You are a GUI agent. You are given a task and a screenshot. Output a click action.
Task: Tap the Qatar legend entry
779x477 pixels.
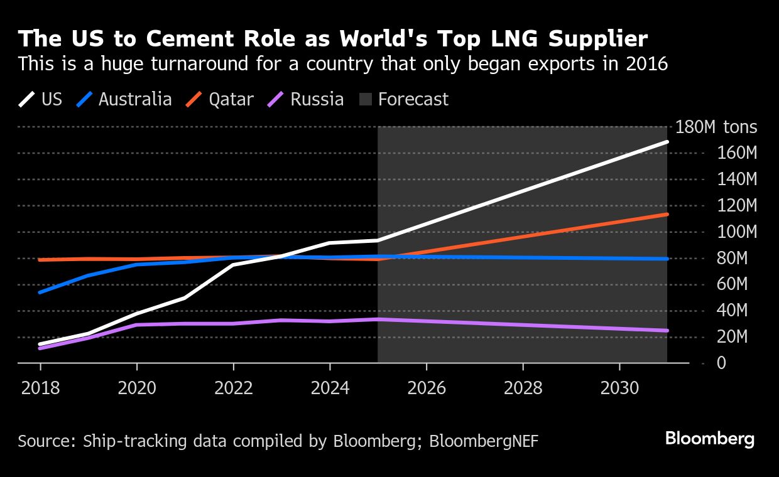[x=220, y=99]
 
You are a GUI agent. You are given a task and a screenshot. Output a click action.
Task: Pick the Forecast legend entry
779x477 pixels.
[x=403, y=99]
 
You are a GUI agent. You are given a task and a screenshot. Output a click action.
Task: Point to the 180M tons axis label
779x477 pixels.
[x=716, y=127]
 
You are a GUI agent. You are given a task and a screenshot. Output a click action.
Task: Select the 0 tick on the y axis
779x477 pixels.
[x=703, y=363]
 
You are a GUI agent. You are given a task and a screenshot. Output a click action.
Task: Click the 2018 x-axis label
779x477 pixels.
[x=40, y=388]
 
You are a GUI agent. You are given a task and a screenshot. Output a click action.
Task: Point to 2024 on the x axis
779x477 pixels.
[x=330, y=388]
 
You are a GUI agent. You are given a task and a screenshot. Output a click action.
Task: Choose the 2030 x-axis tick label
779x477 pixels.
[x=619, y=388]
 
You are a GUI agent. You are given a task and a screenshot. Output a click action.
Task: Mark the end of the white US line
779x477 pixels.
[x=667, y=142]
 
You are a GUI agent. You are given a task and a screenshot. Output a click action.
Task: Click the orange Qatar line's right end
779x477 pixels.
[x=667, y=214]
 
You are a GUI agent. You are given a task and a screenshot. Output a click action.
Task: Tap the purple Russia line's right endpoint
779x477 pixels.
[x=667, y=330]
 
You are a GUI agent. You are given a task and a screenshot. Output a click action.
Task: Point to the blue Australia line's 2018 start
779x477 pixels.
[x=40, y=292]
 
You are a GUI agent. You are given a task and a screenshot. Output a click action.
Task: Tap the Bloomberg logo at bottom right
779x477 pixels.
[x=710, y=438]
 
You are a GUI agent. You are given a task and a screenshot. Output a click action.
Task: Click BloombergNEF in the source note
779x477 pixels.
[x=484, y=441]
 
